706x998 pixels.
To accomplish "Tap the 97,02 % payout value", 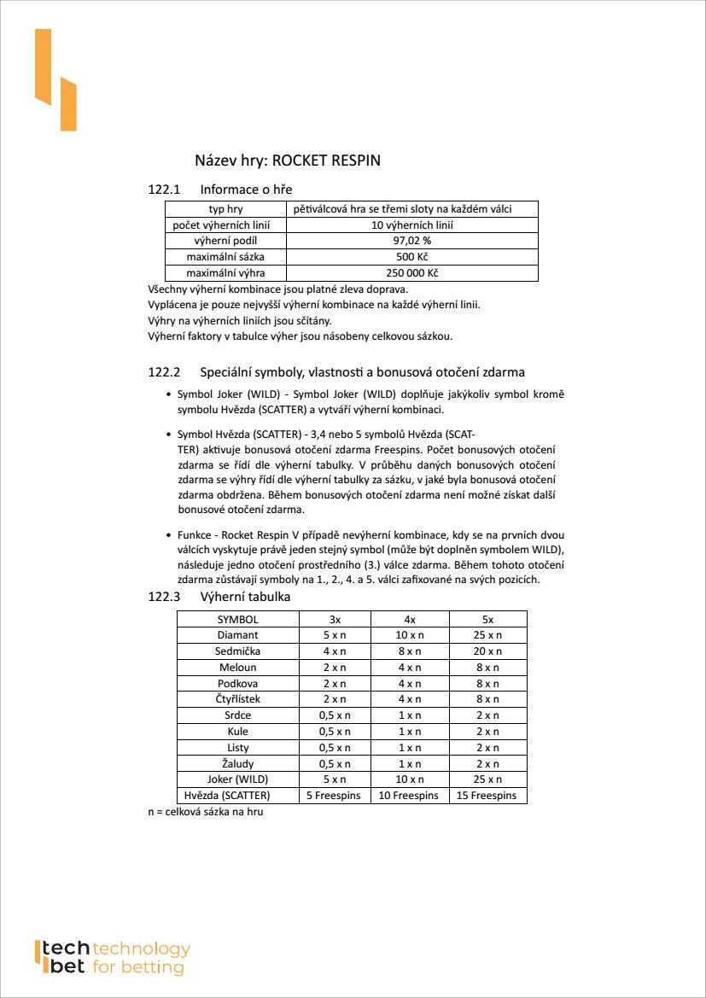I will click(411, 241).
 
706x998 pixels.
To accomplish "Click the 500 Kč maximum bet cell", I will click(411, 257).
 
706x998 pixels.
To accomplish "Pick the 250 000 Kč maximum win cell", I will click(411, 273).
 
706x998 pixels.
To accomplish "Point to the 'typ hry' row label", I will click(225, 209).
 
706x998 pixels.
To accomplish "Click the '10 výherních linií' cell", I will click(411, 225).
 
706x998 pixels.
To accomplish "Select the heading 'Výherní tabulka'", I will click(245, 596).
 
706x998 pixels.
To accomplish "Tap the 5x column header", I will click(487, 620).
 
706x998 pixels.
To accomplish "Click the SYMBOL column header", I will click(237, 620).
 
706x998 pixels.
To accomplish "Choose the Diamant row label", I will click(237, 635).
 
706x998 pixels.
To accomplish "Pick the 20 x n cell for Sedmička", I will click(487, 651).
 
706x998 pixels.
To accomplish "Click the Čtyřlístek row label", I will click(237, 699).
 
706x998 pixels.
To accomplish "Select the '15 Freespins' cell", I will click(487, 796).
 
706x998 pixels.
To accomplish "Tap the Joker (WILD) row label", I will click(237, 779).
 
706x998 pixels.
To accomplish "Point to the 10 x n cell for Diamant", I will click(410, 635).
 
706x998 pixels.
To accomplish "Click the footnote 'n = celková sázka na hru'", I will click(206, 812).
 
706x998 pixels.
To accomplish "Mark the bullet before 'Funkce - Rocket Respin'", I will click(167, 535).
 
